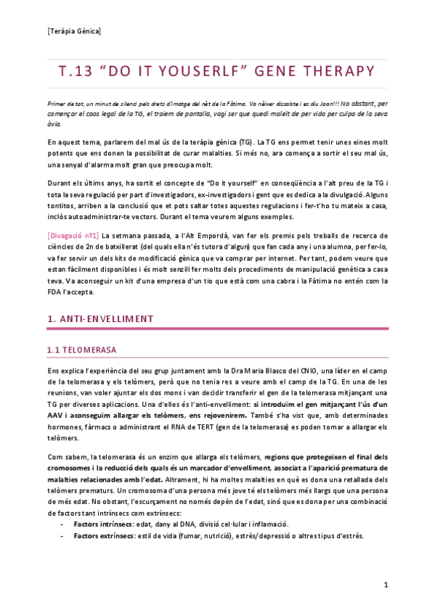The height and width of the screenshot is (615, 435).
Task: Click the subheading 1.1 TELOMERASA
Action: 81,350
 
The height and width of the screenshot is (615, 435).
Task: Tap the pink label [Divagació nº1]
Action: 72,235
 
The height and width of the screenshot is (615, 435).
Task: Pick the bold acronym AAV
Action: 55,416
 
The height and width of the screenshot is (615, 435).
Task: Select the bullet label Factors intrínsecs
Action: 102,523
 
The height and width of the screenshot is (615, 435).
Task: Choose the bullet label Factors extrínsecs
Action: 102,535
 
